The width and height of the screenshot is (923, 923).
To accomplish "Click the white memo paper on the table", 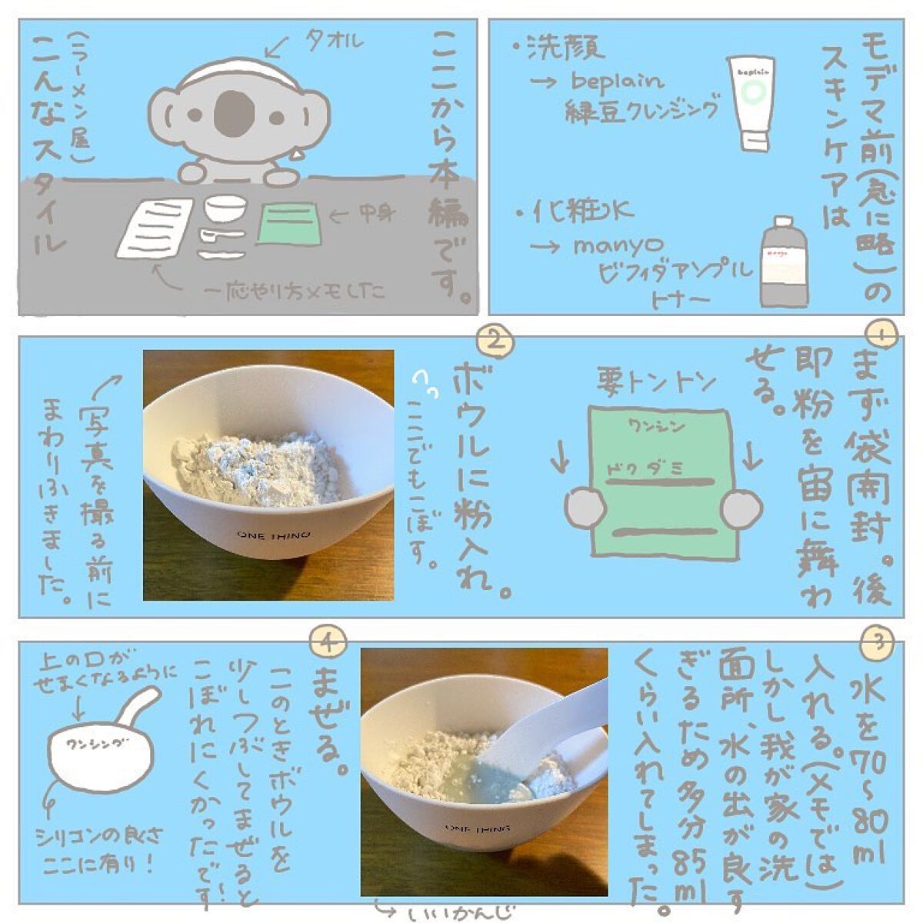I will (156, 228).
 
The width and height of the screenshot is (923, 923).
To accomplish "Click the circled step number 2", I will (495, 340).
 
